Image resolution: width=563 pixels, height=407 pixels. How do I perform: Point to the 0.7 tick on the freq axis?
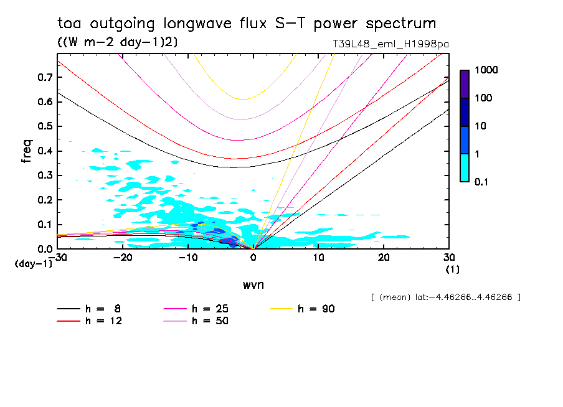click(45, 77)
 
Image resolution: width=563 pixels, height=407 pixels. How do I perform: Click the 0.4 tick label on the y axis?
click(45, 151)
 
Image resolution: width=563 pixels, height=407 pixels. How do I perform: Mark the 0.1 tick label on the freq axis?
click(45, 225)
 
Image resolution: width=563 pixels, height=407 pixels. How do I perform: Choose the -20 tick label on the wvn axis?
click(123, 257)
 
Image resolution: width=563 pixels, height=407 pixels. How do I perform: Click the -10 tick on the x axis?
click(188, 257)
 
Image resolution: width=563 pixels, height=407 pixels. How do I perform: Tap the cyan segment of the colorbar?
click(465, 167)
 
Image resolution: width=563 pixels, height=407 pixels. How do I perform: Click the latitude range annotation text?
click(445, 297)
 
